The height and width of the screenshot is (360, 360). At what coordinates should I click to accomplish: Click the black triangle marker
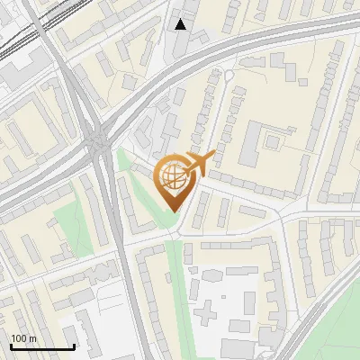click(x=181, y=24)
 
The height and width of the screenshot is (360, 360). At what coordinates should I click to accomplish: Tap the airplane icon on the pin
click(x=198, y=162)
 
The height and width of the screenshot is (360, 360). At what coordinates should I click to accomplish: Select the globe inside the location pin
click(x=173, y=177)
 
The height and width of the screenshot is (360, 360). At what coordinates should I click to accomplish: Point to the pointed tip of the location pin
click(x=173, y=210)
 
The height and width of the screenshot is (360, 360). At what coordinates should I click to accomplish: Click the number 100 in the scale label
click(x=19, y=337)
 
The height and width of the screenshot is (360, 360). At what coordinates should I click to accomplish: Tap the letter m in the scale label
click(x=32, y=337)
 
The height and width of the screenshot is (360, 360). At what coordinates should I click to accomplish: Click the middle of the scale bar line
click(x=42, y=346)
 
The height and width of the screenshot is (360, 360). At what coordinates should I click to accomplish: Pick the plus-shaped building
click(x=207, y=311)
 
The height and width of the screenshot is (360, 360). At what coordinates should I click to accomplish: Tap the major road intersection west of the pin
click(x=99, y=141)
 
